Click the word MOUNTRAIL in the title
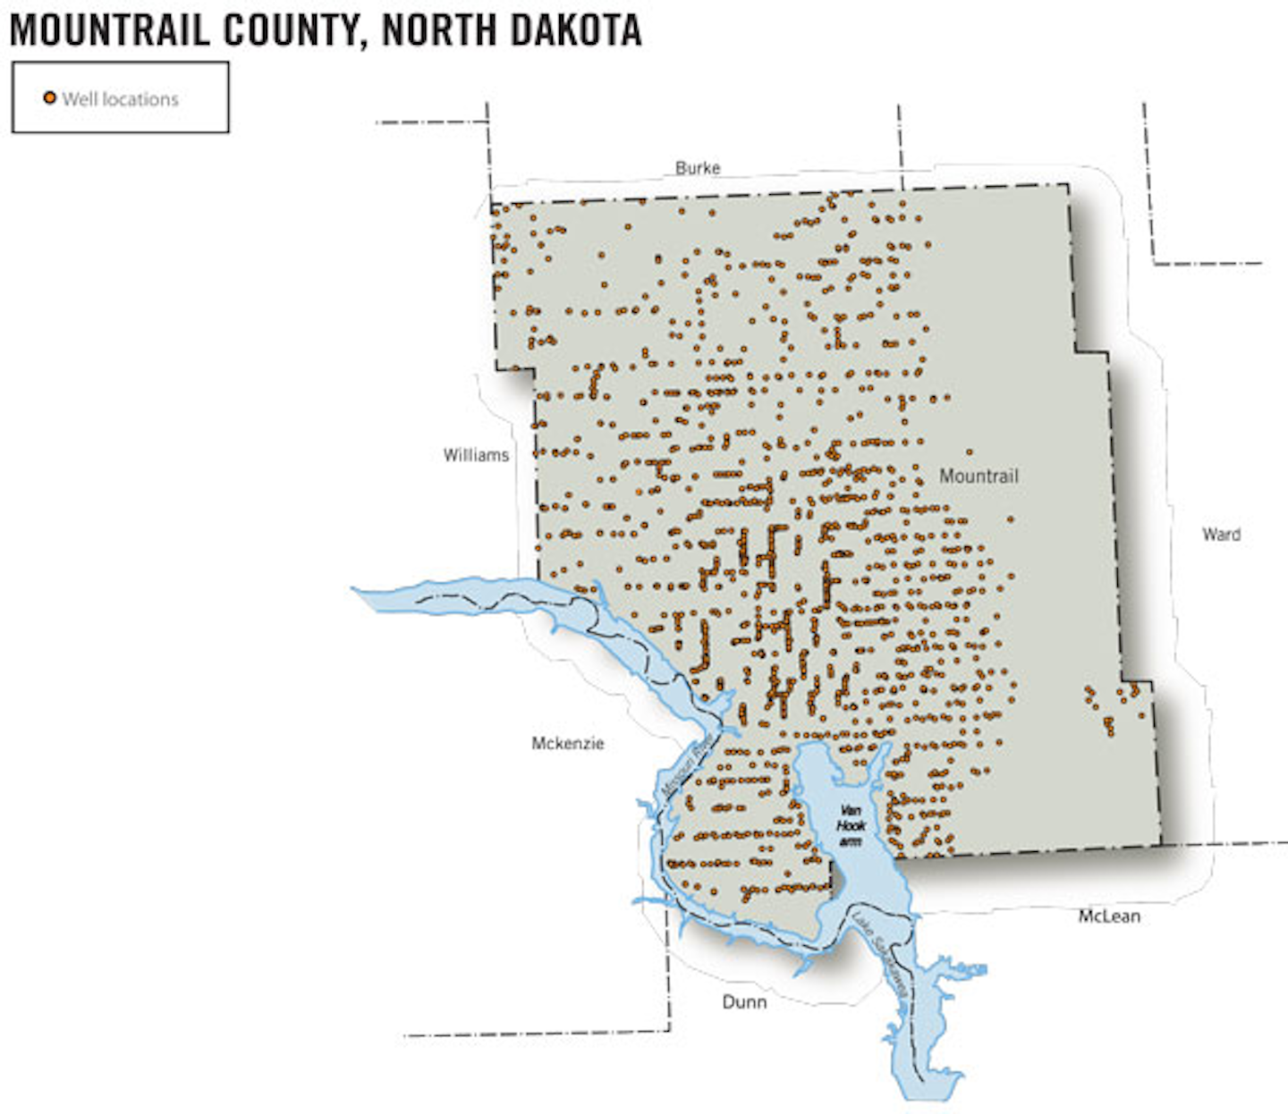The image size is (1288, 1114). [x=109, y=30]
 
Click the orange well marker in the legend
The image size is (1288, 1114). [x=50, y=97]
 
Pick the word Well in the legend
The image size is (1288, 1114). [x=79, y=99]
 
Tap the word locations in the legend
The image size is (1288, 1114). [x=139, y=99]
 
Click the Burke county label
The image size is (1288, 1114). [x=698, y=167]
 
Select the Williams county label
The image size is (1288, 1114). [x=476, y=455]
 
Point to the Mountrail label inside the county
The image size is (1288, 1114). [x=979, y=476]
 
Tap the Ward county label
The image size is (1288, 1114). [x=1221, y=534]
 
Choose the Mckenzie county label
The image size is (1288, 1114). [x=568, y=743]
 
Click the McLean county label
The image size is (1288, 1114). [x=1109, y=916]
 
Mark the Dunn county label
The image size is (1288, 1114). [x=744, y=1001]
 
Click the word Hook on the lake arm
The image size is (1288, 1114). [x=851, y=826]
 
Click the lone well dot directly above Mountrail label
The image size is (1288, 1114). [x=970, y=452]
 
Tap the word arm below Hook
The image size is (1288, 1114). [x=851, y=841]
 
